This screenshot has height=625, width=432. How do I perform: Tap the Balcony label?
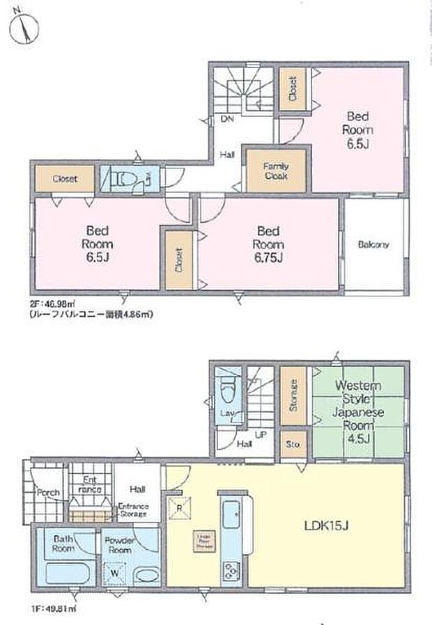[x=373, y=245]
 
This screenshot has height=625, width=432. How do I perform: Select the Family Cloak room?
[x=276, y=171]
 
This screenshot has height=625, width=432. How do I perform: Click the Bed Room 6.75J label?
[x=268, y=244]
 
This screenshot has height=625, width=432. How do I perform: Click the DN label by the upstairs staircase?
[x=227, y=120]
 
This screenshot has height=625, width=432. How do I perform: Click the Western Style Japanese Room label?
[x=357, y=404]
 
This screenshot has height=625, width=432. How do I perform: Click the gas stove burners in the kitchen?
[x=231, y=571]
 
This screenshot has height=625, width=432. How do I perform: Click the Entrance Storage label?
[x=132, y=509]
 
